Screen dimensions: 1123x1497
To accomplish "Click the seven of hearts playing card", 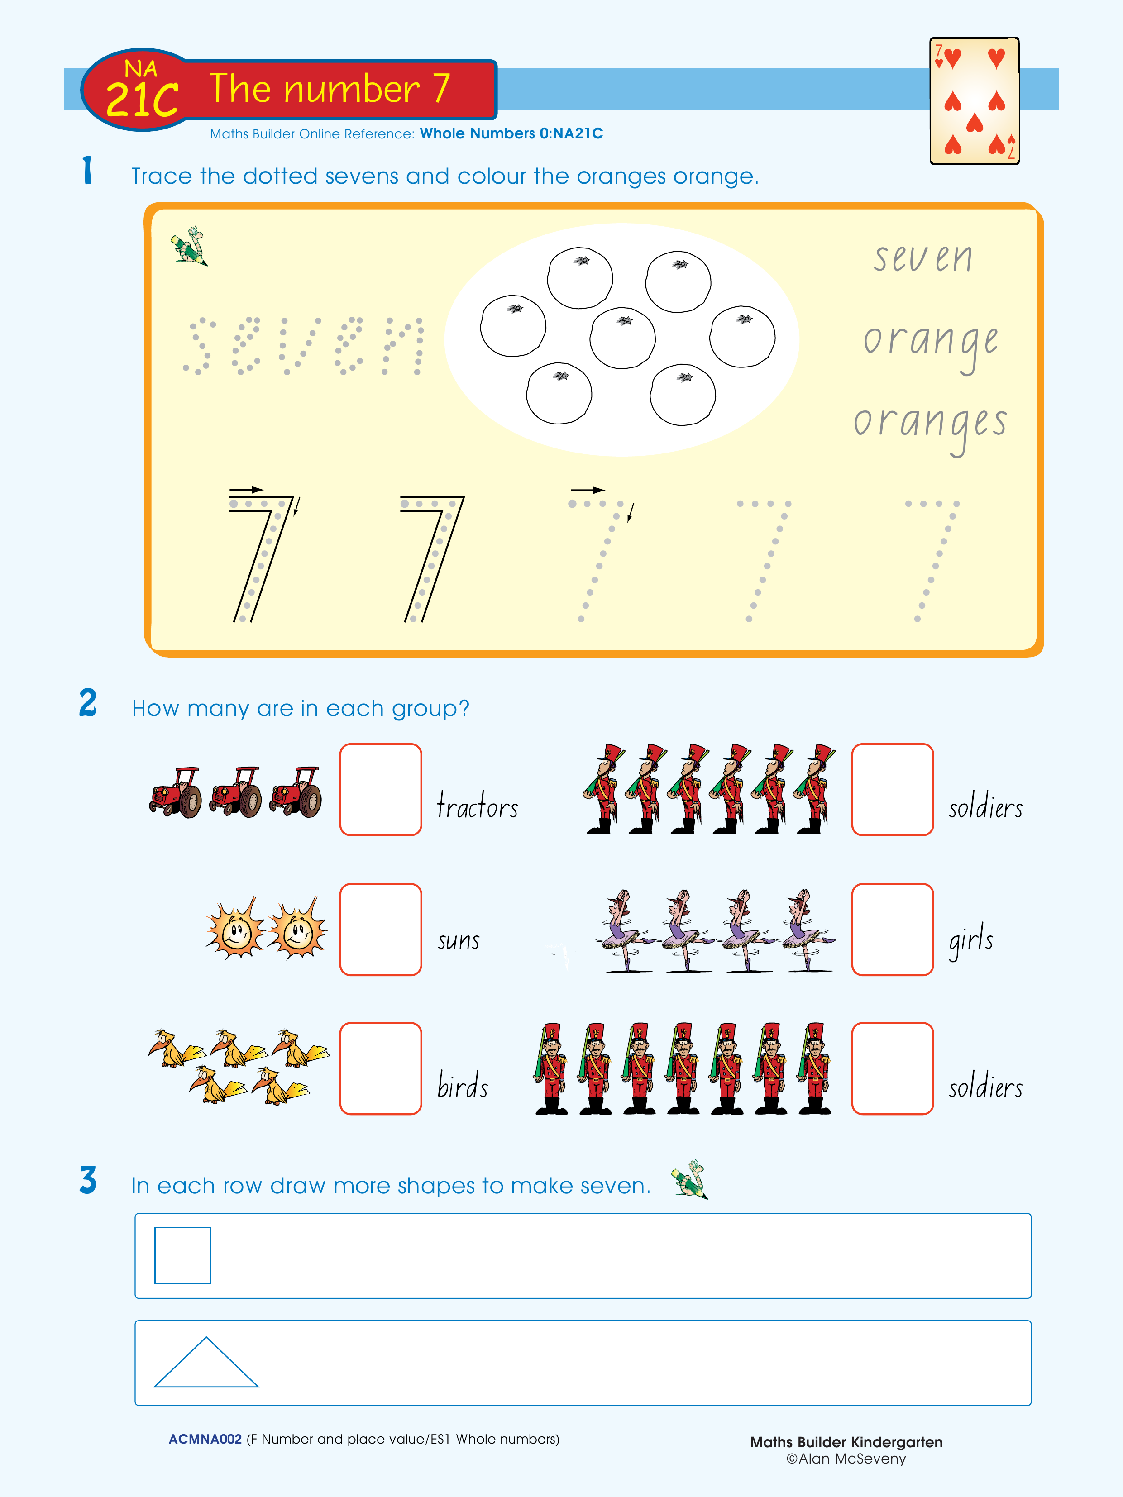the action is pyautogui.click(x=974, y=101).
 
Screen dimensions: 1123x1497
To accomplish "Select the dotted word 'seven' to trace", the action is pyautogui.click(x=304, y=345).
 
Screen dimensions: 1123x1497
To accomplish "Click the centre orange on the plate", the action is pyautogui.click(x=622, y=338).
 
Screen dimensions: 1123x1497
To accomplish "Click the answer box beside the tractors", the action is pyautogui.click(x=380, y=790).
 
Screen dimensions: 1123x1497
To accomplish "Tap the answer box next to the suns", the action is pyautogui.click(x=380, y=929).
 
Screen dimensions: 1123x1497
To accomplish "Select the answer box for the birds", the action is pyautogui.click(x=380, y=1068).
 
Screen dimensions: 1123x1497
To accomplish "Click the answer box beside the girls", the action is pyautogui.click(x=892, y=929).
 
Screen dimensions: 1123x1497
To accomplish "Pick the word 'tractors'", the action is pyautogui.click(x=477, y=806).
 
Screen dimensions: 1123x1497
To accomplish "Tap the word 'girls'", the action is pyautogui.click(x=971, y=940).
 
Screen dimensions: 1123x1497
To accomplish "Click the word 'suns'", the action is pyautogui.click(x=458, y=941).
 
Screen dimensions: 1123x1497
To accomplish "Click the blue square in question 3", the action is pyautogui.click(x=183, y=1255).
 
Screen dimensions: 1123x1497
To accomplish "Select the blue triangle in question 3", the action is pyautogui.click(x=206, y=1362).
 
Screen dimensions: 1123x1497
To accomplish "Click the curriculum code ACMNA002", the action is pyautogui.click(x=205, y=1439).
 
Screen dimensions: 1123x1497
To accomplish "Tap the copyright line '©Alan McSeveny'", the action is pyautogui.click(x=846, y=1459).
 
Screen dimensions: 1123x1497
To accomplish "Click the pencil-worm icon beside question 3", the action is pyautogui.click(x=689, y=1180).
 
